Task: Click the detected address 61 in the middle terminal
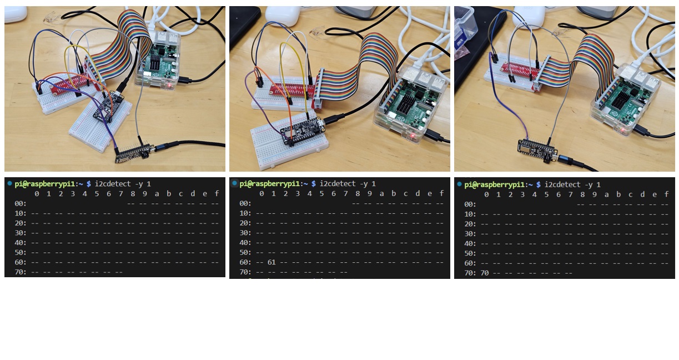click(271, 262)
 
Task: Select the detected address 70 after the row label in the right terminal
click(484, 273)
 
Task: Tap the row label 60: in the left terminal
click(21, 262)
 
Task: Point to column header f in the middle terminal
click(441, 193)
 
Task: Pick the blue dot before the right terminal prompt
click(459, 184)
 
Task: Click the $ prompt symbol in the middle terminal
click(314, 184)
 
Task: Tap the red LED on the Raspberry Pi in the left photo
click(169, 85)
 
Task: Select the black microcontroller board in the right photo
click(537, 150)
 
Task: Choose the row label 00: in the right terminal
click(470, 204)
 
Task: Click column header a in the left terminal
click(157, 193)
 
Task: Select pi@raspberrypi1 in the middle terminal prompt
click(269, 184)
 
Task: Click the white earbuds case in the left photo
click(15, 14)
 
